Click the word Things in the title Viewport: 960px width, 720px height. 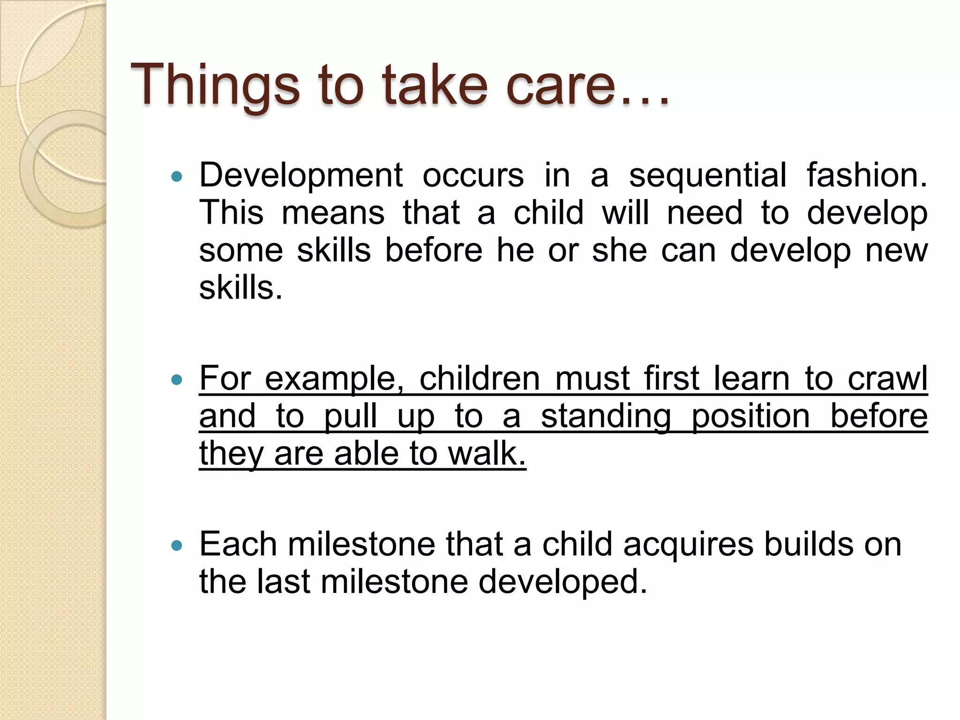215,85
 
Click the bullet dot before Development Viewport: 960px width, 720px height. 177,177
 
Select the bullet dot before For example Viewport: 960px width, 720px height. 177,379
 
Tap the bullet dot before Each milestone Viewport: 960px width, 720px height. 177,545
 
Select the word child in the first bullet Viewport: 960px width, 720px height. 548,213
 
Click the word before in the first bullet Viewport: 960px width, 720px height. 434,250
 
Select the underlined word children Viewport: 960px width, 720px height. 479,378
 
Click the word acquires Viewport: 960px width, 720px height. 688,544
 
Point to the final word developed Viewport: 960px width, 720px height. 562,582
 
